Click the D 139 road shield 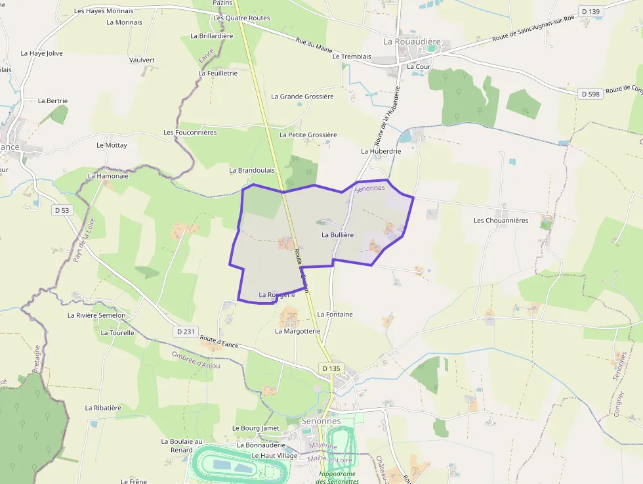(x=590, y=11)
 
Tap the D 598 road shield (x=591, y=95)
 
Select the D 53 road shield (x=62, y=210)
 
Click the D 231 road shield (x=186, y=332)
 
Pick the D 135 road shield (x=331, y=368)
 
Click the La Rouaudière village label (x=412, y=41)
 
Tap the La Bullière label (x=338, y=234)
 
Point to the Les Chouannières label (x=501, y=221)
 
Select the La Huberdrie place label (x=381, y=151)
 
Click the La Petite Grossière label (x=308, y=135)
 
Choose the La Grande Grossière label (x=302, y=97)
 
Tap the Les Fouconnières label (x=190, y=133)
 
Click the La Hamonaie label (x=108, y=176)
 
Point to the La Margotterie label (x=297, y=331)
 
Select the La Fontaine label (x=335, y=315)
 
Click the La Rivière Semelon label (x=96, y=315)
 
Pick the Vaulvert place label (x=142, y=60)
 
